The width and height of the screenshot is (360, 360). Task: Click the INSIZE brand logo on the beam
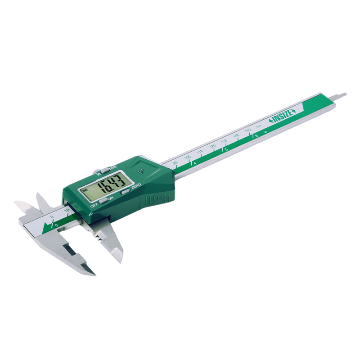click(282, 115)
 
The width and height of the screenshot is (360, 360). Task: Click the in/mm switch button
click(104, 170)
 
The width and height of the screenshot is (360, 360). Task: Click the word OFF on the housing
click(94, 205)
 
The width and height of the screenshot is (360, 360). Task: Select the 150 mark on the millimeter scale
click(247, 130)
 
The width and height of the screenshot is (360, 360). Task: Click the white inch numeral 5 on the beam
click(226, 149)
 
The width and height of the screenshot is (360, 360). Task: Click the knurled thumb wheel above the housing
click(97, 172)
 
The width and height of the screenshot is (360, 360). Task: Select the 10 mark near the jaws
click(66, 210)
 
